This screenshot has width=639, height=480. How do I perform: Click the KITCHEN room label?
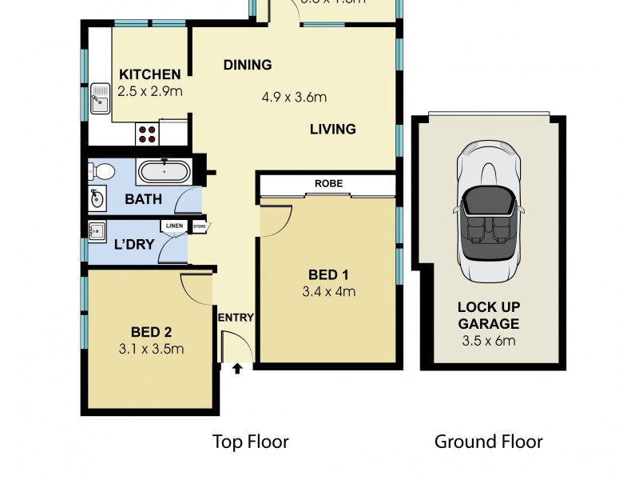[x=149, y=75]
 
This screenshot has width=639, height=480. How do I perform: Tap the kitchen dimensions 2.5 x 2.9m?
[x=149, y=91]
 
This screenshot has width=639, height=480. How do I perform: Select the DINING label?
[x=248, y=65]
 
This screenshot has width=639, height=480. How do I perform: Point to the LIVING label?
[x=333, y=129]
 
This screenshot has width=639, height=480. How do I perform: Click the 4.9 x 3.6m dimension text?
[x=295, y=98]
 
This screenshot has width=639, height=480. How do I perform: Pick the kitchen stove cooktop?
[x=148, y=134]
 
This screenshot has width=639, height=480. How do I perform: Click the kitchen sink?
[x=100, y=101]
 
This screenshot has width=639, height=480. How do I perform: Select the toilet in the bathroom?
[x=101, y=170]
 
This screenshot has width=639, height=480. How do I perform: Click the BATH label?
[x=143, y=199]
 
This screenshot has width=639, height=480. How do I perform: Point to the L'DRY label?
[x=133, y=245]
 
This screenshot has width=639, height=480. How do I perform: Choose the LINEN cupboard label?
[x=174, y=226]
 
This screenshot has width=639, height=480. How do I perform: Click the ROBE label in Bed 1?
[x=327, y=183]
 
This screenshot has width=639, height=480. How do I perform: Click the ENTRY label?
[x=236, y=318]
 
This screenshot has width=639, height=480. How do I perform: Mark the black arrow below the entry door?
[x=236, y=368]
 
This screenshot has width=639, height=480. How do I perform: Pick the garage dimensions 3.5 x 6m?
[x=488, y=340]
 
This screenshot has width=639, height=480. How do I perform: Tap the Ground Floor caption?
[x=488, y=441]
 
